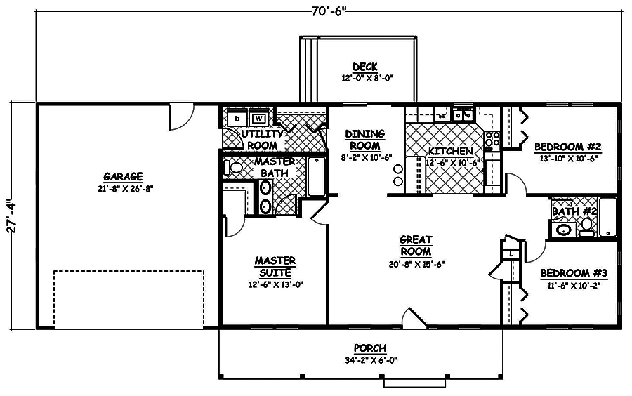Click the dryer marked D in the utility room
click(237, 118)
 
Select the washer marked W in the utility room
click(258, 118)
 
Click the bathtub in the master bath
click(317, 177)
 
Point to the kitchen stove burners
click(493, 138)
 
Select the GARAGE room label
click(123, 176)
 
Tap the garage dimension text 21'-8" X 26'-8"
click(123, 187)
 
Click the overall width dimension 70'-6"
click(329, 11)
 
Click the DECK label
click(365, 67)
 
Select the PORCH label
click(370, 348)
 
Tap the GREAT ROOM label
click(416, 245)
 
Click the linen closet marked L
click(513, 253)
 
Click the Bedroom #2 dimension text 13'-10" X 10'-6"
click(569, 159)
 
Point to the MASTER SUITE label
click(275, 266)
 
